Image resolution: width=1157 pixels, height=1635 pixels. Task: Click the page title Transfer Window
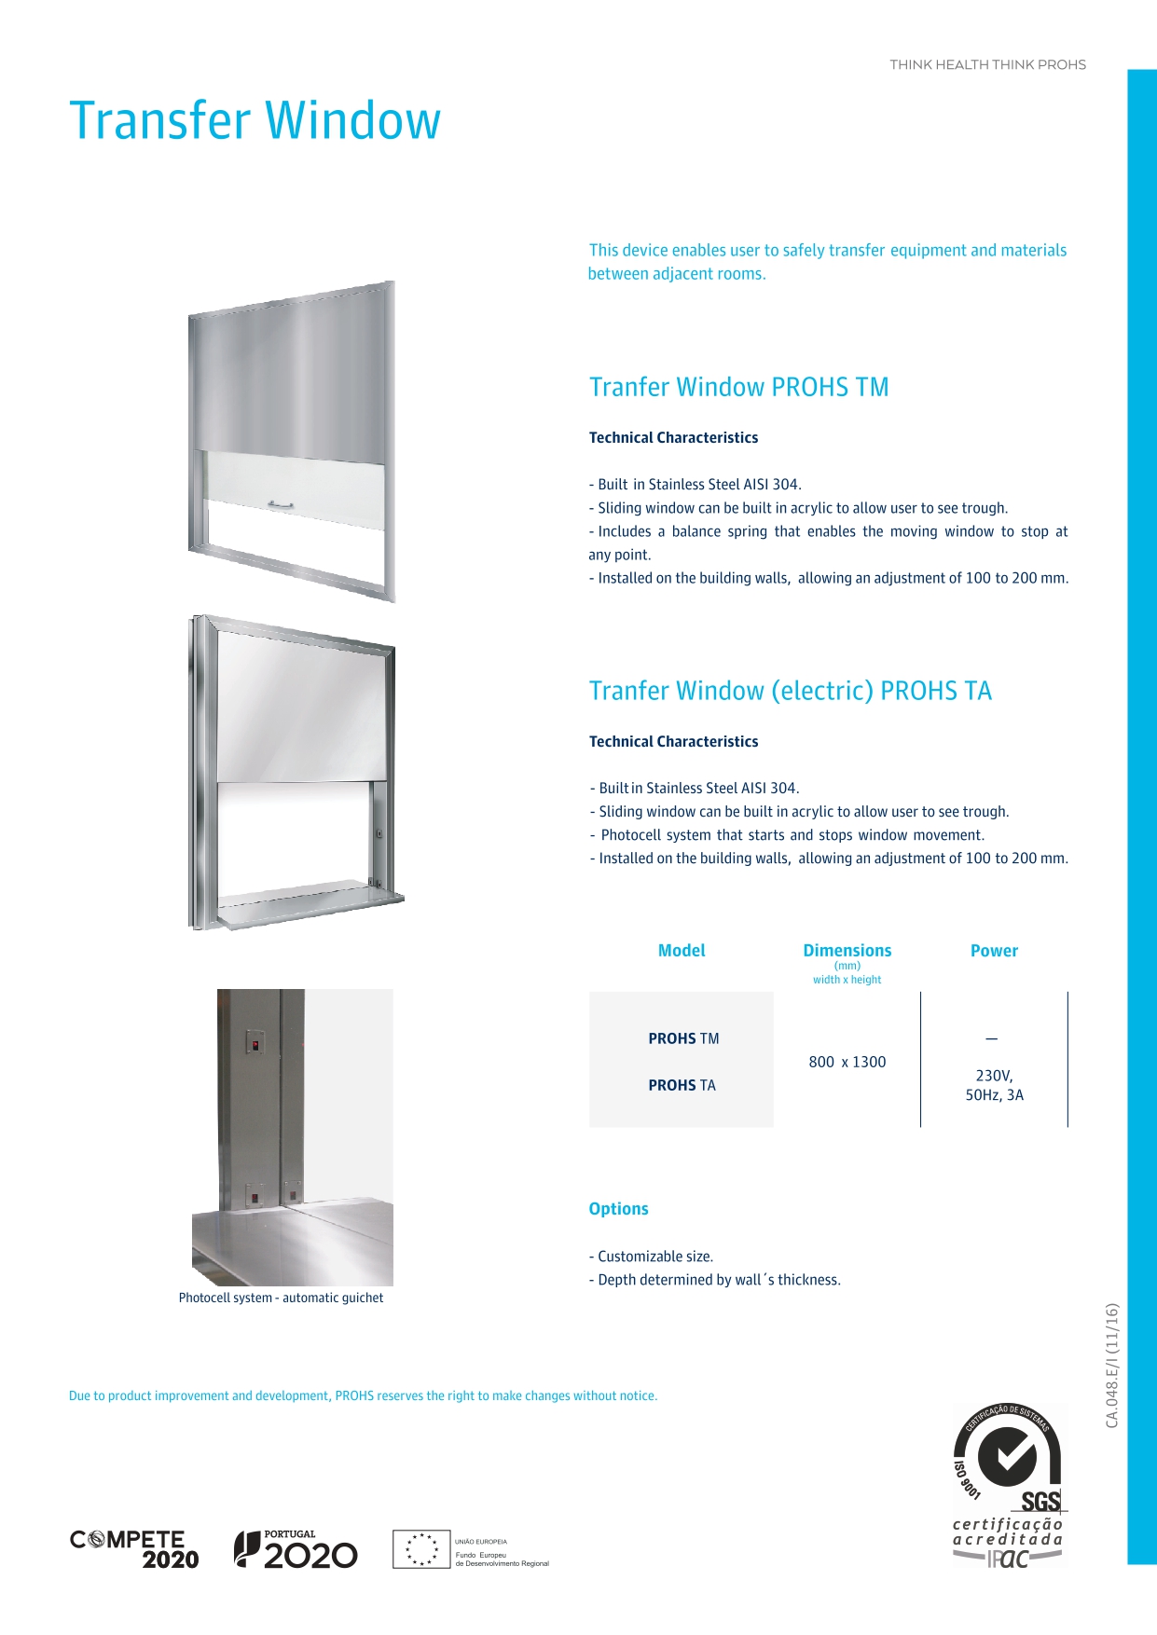[255, 121]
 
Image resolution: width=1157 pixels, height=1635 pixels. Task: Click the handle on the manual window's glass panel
[281, 505]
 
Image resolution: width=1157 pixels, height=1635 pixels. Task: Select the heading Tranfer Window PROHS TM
[738, 387]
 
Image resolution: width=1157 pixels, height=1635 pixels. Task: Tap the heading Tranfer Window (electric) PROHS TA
[790, 691]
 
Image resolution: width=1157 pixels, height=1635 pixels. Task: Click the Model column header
[682, 951]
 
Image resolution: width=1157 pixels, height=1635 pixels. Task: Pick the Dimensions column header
[847, 951]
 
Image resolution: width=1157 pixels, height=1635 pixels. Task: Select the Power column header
[994, 951]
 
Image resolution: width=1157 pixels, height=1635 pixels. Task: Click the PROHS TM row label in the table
[683, 1038]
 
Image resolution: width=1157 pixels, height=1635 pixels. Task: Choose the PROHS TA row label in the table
[682, 1085]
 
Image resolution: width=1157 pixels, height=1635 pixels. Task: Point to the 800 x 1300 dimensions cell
[847, 1062]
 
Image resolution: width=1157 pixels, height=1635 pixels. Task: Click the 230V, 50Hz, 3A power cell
[994, 1085]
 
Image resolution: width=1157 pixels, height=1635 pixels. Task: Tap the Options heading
[618, 1209]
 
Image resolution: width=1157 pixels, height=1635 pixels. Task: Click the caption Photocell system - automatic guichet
[281, 1298]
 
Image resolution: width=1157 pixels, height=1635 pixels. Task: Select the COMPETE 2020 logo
[134, 1549]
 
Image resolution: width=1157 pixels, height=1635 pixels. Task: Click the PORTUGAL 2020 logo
[296, 1549]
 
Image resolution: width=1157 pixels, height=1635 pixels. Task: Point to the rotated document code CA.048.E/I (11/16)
[1111, 1365]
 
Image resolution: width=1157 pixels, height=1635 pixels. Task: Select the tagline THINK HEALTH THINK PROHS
[987, 64]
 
